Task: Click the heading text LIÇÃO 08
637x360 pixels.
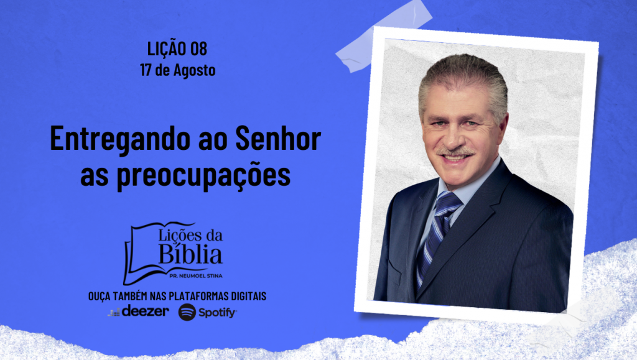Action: [177, 48]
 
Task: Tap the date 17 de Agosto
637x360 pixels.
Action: [177, 70]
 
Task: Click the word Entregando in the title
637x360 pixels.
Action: [120, 139]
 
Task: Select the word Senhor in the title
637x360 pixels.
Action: [278, 138]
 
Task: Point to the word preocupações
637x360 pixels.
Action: [203, 175]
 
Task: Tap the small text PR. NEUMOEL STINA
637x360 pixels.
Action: [196, 276]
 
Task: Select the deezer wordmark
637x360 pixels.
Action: [145, 312]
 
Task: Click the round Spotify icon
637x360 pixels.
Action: [187, 312]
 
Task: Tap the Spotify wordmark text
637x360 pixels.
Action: [217, 313]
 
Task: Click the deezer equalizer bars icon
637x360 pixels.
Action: [114, 312]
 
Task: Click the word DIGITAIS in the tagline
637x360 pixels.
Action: [249, 297]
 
